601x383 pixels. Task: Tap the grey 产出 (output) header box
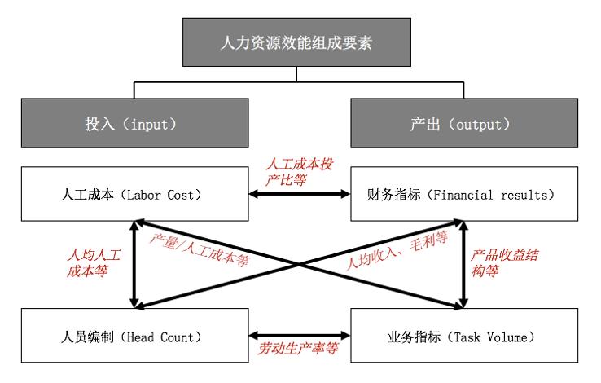pos(461,125)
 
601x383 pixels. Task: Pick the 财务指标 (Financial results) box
pos(461,195)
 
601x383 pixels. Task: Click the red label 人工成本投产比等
pos(301,172)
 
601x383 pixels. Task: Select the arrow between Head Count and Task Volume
pos(301,334)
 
